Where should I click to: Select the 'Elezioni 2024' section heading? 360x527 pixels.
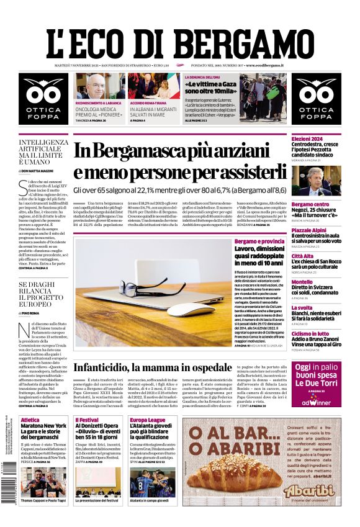307,138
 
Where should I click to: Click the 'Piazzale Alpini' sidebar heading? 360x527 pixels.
309,230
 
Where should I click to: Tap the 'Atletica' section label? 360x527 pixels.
30,420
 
